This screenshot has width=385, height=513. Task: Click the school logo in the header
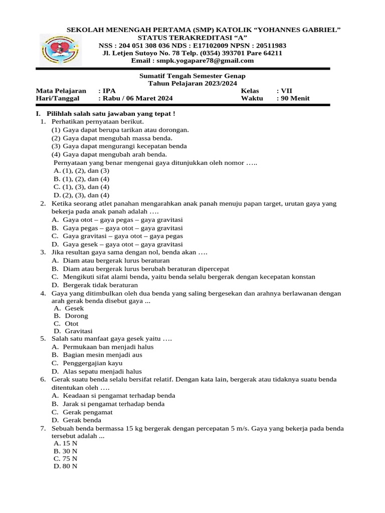[59, 50]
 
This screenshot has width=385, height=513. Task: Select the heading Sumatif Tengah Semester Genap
[192, 76]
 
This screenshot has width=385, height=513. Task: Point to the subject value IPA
[109, 91]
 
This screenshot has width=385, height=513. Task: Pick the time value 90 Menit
[296, 98]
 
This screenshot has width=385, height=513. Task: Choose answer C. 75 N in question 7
[66, 458]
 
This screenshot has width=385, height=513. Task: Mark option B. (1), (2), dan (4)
[82, 179]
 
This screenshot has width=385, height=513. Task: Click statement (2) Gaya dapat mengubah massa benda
[112, 138]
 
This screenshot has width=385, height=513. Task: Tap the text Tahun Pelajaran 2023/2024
[192, 83]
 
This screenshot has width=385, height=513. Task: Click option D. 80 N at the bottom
[66, 466]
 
